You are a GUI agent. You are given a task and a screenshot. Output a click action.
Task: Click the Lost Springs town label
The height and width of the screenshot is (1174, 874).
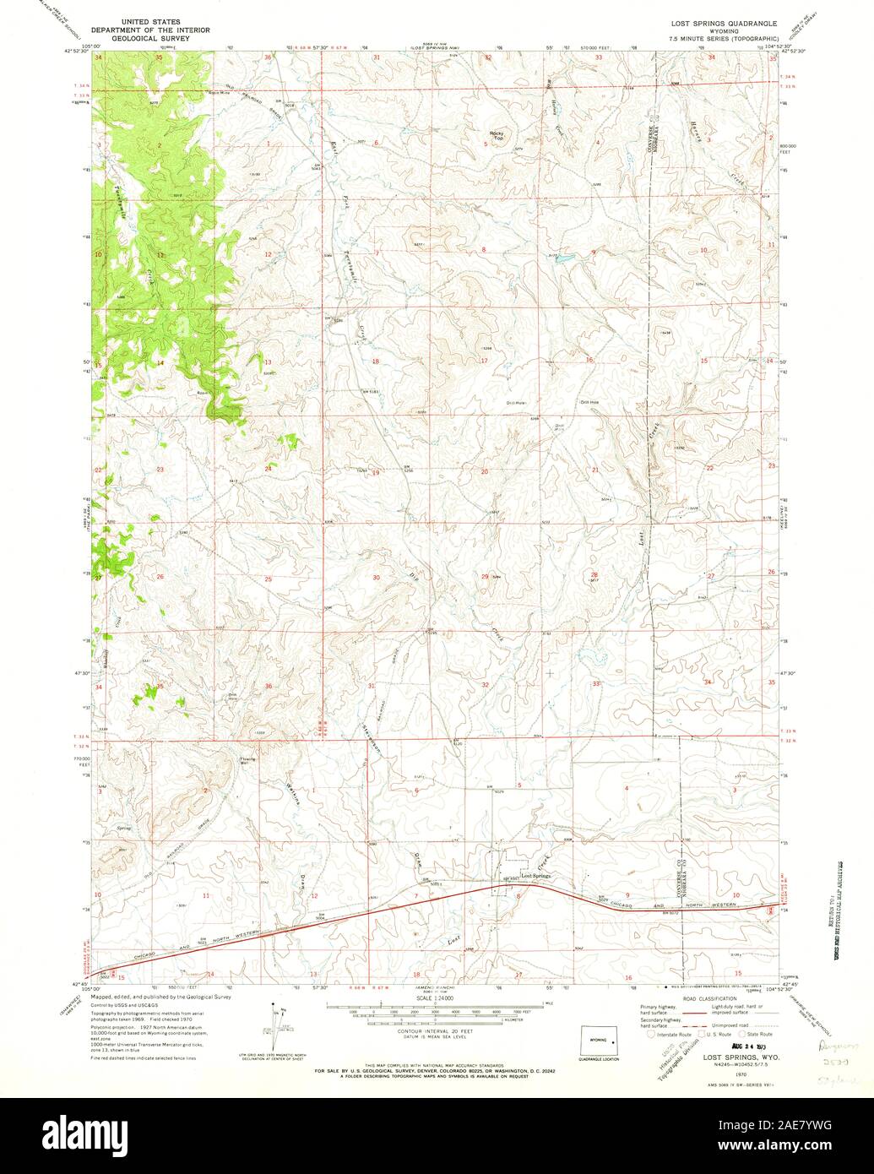tap(535, 877)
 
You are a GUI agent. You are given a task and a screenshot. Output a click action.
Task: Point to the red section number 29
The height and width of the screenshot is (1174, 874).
tap(485, 576)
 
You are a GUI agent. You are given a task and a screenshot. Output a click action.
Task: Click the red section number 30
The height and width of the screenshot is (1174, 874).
tap(377, 577)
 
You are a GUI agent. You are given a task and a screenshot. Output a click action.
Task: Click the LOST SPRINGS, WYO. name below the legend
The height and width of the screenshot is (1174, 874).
tap(722, 1057)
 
